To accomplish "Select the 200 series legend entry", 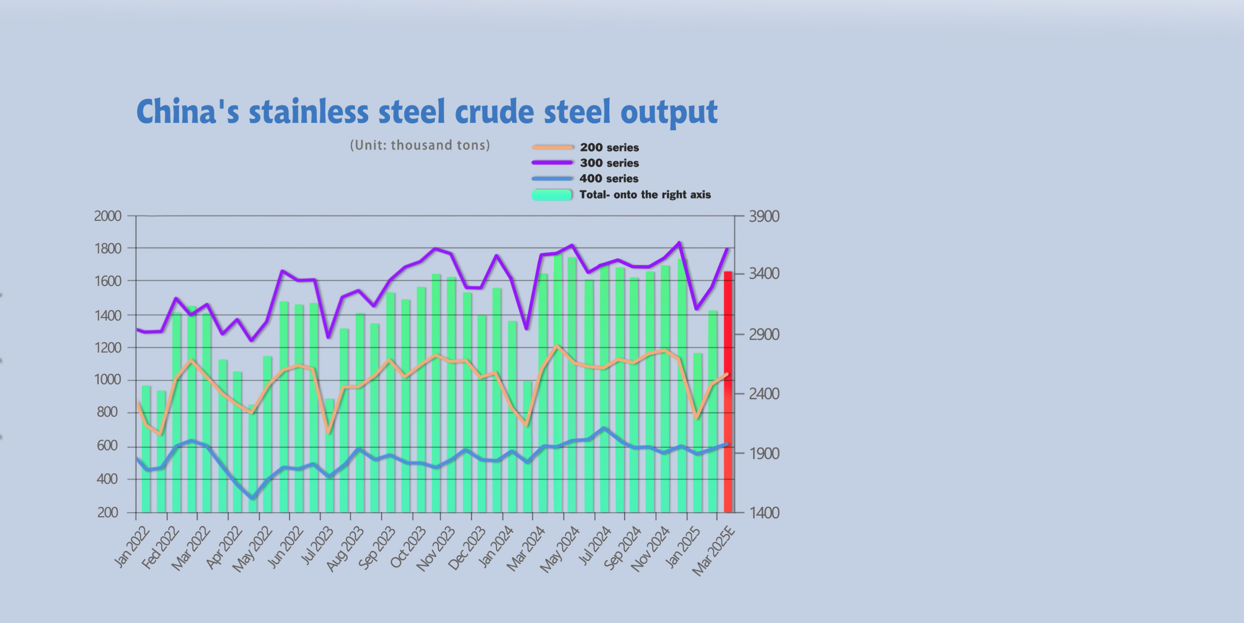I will pyautogui.click(x=609, y=147).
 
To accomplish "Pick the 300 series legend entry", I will pyautogui.click(x=609, y=163).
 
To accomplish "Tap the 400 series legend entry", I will pyautogui.click(x=609, y=178).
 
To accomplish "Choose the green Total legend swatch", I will pyautogui.click(x=552, y=195).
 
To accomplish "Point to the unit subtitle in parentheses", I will pyautogui.click(x=420, y=145).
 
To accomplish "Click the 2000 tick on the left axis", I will pyautogui.click(x=108, y=216).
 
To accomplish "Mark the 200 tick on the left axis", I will pyautogui.click(x=108, y=512).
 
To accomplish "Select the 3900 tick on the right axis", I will pyautogui.click(x=764, y=216).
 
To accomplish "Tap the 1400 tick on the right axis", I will pyautogui.click(x=764, y=512).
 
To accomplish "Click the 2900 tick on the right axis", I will pyautogui.click(x=764, y=335).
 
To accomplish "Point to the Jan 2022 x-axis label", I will pyautogui.click(x=132, y=547).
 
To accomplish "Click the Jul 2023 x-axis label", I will pyautogui.click(x=317, y=547).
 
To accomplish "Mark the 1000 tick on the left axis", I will pyautogui.click(x=108, y=379).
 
